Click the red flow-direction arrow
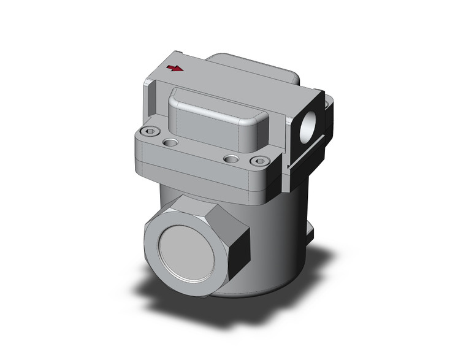[175, 67]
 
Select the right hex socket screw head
[260, 161]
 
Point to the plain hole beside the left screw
[170, 142]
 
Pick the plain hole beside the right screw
[231, 159]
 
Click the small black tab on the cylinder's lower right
[311, 234]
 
